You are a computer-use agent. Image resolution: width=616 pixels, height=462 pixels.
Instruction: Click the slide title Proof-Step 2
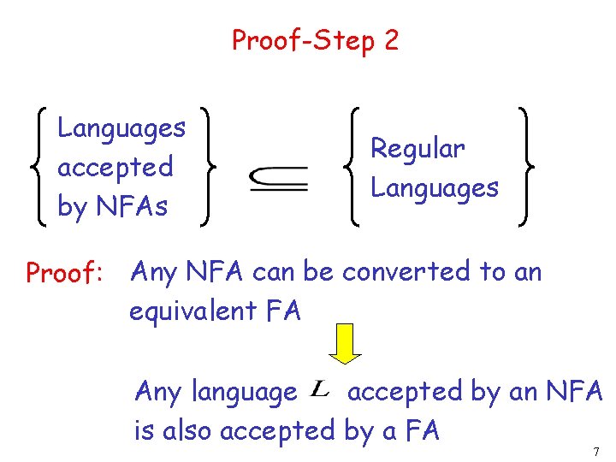315,40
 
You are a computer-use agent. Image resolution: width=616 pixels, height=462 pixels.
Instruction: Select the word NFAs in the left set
132,206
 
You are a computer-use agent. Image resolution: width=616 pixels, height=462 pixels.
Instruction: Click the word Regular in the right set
418,149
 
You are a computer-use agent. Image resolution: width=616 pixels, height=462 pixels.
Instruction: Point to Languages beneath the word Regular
434,187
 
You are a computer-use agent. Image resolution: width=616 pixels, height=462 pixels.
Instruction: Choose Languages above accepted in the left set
121,128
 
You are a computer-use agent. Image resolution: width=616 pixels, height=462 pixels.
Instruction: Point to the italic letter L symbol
320,391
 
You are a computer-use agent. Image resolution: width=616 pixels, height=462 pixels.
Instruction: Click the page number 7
595,451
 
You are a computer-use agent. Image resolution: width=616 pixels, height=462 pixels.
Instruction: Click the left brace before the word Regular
354,167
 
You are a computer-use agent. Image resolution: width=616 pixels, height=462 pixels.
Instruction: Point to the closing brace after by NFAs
205,167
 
